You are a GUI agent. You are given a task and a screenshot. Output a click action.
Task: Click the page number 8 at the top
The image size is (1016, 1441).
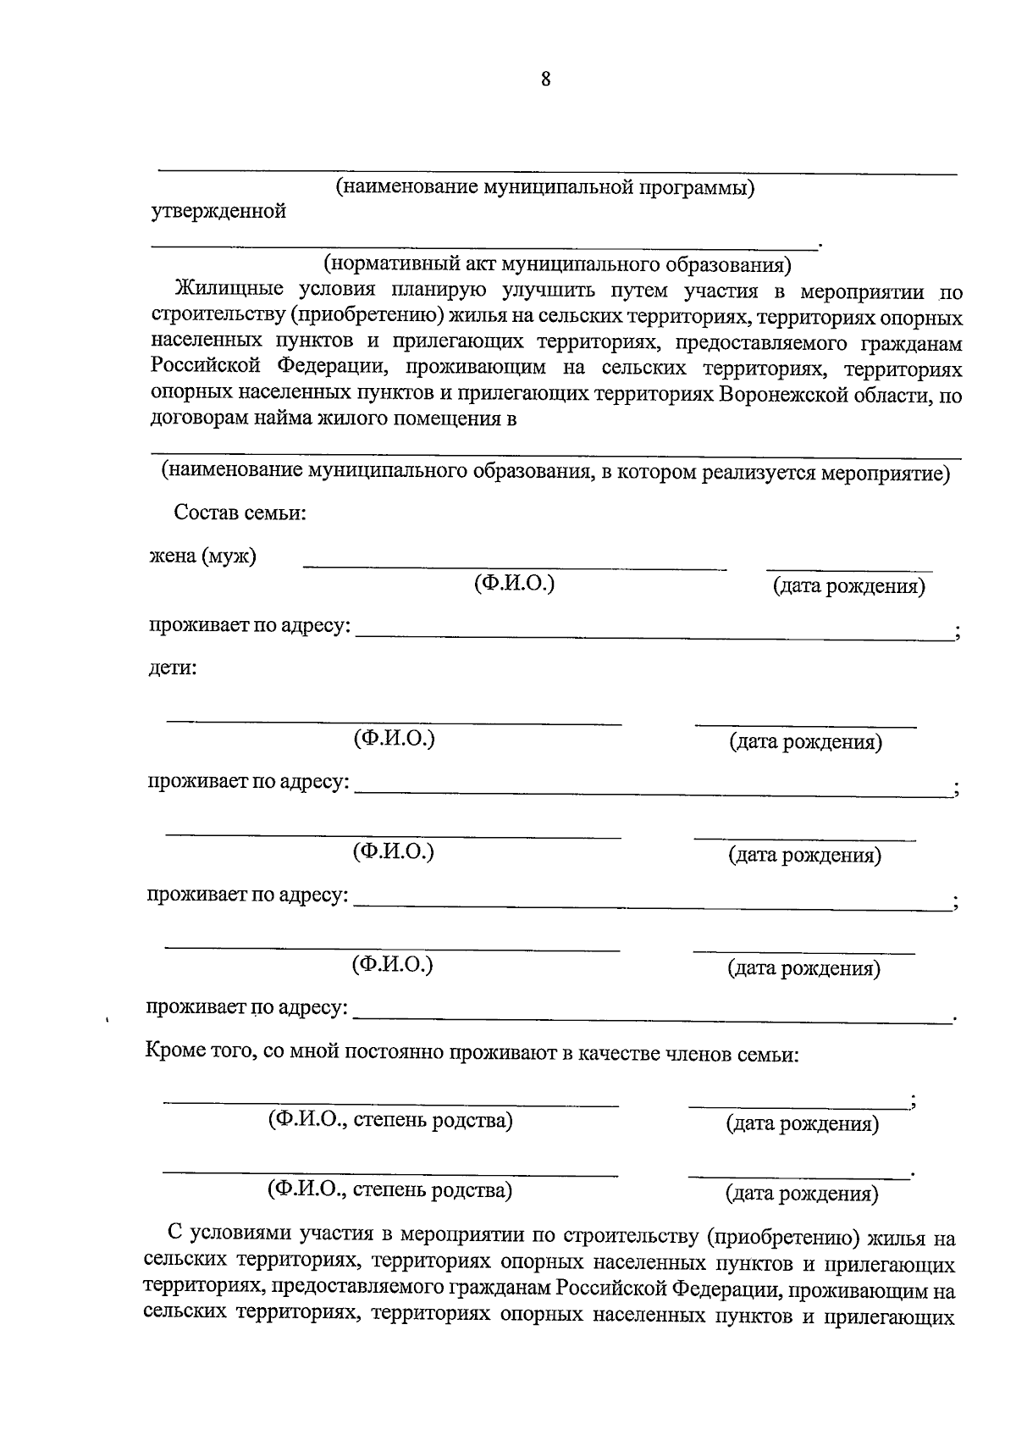[544, 80]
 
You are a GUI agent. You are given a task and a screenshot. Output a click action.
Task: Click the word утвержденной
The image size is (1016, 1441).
[218, 212]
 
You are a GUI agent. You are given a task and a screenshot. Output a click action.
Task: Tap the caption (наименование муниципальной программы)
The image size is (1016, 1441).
[545, 186]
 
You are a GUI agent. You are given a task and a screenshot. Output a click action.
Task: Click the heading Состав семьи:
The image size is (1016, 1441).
[240, 513]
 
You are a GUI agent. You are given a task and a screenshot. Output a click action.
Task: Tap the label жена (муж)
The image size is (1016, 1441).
[203, 557]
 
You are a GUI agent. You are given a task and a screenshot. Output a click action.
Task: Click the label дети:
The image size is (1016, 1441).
[173, 668]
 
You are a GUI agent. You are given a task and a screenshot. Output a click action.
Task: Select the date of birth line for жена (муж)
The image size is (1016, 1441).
[848, 568]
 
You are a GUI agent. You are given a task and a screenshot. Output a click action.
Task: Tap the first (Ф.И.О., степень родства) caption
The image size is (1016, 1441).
[390, 1121]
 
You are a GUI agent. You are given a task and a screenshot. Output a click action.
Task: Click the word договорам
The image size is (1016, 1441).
[195, 418]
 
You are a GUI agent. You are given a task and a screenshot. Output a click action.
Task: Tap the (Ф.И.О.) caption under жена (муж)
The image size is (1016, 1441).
[514, 584]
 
